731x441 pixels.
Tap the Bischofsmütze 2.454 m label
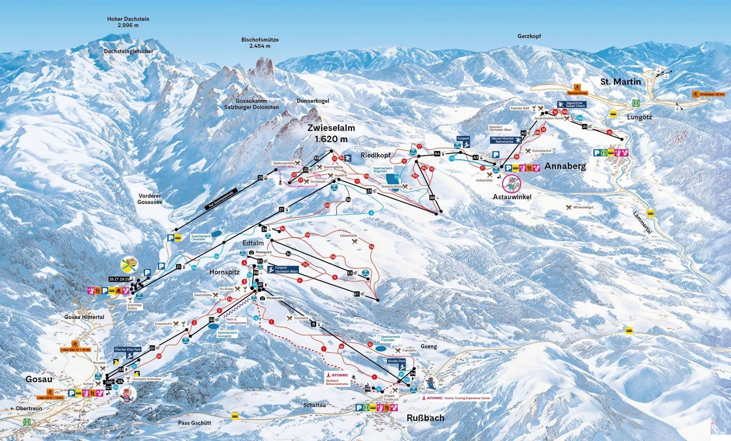click(x=260, y=43)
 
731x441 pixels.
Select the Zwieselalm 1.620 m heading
click(x=331, y=133)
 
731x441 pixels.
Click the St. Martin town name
click(x=621, y=82)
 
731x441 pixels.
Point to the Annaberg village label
click(x=565, y=166)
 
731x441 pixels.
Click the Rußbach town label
click(x=425, y=418)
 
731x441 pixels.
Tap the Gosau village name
click(x=39, y=379)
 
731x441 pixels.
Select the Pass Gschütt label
click(x=194, y=423)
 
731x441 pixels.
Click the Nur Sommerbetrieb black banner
click(x=221, y=199)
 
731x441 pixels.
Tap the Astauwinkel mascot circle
click(x=512, y=184)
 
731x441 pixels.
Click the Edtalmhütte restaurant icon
click(x=354, y=241)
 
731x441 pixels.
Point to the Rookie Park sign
click(x=397, y=361)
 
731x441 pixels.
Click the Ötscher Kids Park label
click(x=128, y=349)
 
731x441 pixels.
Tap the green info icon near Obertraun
click(x=27, y=422)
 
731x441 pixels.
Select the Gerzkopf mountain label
click(x=529, y=36)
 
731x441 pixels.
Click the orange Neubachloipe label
click(x=577, y=93)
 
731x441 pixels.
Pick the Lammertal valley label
click(x=642, y=223)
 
